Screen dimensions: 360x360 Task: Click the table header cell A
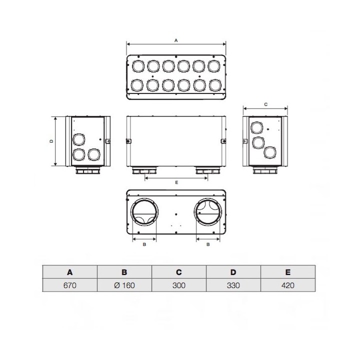click(x=69, y=272)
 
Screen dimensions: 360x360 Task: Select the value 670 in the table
click(x=69, y=285)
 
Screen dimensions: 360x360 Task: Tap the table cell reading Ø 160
click(x=124, y=285)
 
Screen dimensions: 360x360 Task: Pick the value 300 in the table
click(x=178, y=285)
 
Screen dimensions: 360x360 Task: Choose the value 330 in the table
click(x=233, y=285)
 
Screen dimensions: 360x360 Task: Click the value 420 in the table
click(x=287, y=285)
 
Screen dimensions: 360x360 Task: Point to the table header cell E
click(x=287, y=272)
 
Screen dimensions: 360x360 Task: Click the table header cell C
click(x=178, y=272)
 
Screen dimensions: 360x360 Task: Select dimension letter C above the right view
click(x=265, y=104)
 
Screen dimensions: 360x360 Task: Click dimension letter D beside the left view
click(x=52, y=141)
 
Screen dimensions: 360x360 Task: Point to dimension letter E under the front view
click(x=176, y=182)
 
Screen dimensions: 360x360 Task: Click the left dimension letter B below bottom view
click(x=144, y=244)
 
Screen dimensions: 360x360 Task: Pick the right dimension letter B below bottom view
click(x=208, y=244)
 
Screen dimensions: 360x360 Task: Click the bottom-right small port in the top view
click(x=214, y=85)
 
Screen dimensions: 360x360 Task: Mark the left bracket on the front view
click(x=127, y=141)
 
